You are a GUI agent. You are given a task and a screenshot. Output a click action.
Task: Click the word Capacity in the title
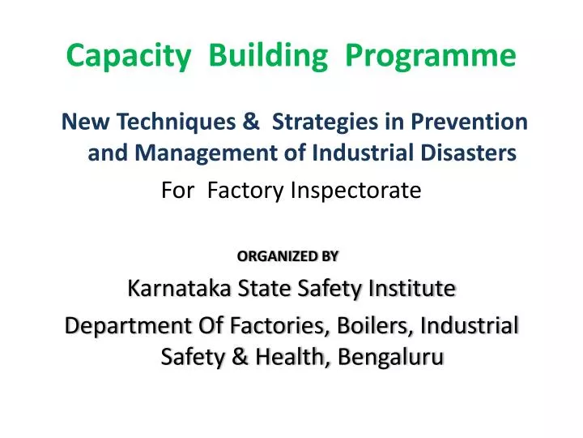click(x=129, y=55)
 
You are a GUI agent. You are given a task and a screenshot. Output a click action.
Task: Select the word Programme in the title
click(x=431, y=55)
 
